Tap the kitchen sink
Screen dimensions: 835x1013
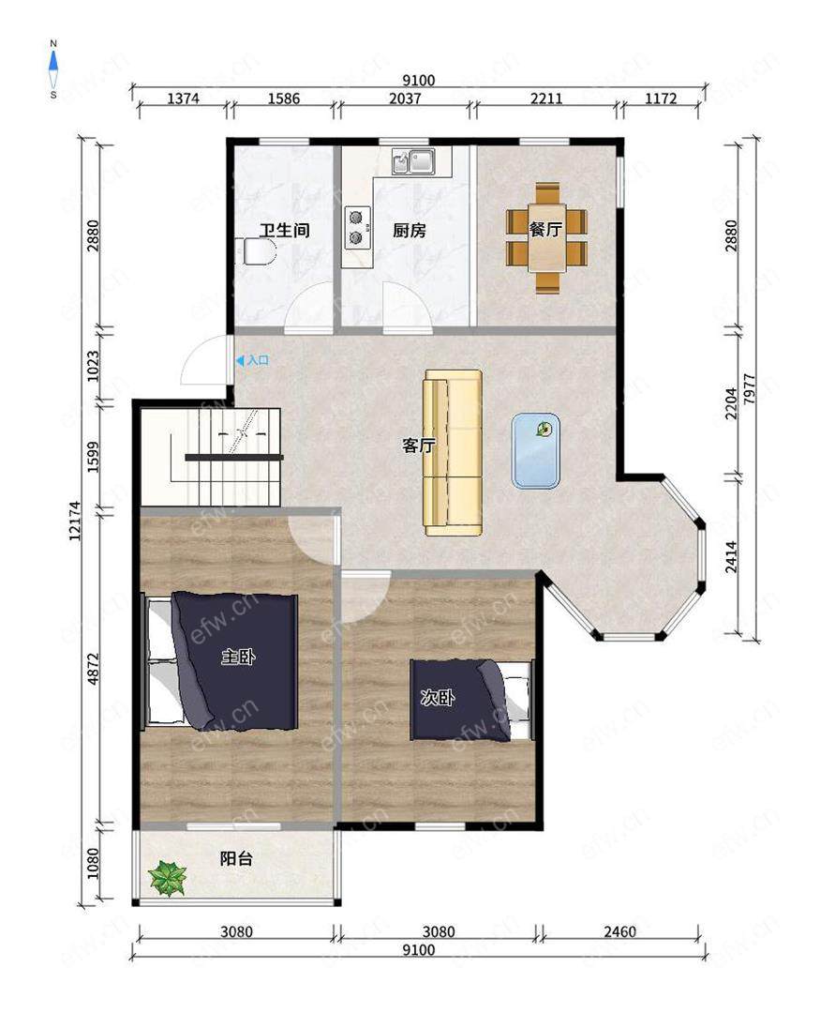[413, 161]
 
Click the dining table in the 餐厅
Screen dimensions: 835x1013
[546, 237]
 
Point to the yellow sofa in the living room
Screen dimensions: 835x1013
[453, 452]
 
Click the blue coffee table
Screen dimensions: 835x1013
[536, 451]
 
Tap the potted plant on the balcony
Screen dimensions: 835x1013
[167, 879]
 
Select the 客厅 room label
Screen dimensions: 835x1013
[418, 446]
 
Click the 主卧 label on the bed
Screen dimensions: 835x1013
[238, 658]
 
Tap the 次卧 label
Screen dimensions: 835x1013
[438, 698]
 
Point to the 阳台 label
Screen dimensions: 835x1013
[236, 858]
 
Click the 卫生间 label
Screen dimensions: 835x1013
[285, 230]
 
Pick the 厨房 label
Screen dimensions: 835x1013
[410, 230]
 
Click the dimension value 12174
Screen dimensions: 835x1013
[76, 520]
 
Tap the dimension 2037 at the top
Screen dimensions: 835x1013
[405, 98]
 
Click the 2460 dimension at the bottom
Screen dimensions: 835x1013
[619, 931]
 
